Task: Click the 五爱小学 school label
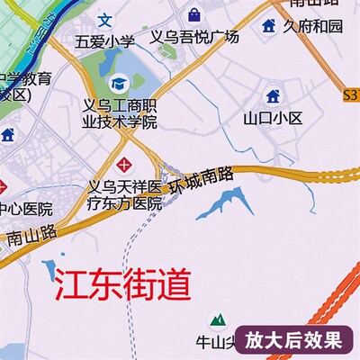coord(105,41)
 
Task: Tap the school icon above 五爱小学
coord(105,19)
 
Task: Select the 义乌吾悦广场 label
coord(193,37)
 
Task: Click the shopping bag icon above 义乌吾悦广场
coord(194,14)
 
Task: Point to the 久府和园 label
coord(313,26)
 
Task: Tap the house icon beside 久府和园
coord(268,26)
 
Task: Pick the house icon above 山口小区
coord(274,95)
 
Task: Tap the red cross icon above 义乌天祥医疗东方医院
coord(123,164)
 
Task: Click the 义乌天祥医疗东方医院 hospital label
coord(123,194)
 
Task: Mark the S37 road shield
coord(352,93)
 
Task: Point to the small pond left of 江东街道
coord(48,267)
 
